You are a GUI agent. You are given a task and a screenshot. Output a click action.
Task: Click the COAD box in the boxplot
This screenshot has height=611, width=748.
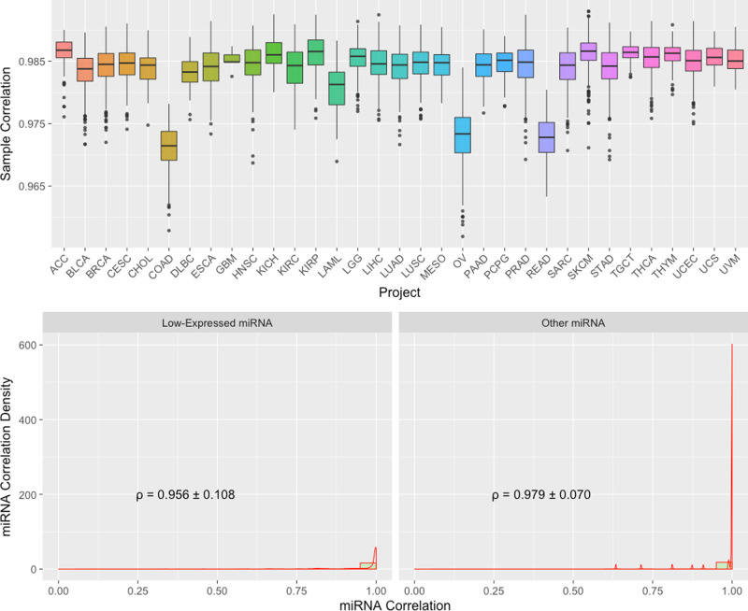coord(168,146)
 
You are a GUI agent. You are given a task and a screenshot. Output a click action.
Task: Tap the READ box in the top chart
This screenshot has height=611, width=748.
coord(546,137)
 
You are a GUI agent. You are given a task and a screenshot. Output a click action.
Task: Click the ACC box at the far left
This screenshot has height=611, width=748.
coord(64,50)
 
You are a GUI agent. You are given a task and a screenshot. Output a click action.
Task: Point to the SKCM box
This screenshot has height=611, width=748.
coord(588,51)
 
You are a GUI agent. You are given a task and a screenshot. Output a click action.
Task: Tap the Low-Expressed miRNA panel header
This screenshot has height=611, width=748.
coord(217,324)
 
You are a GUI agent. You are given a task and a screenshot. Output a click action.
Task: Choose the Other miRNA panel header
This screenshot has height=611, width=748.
coord(572,324)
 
